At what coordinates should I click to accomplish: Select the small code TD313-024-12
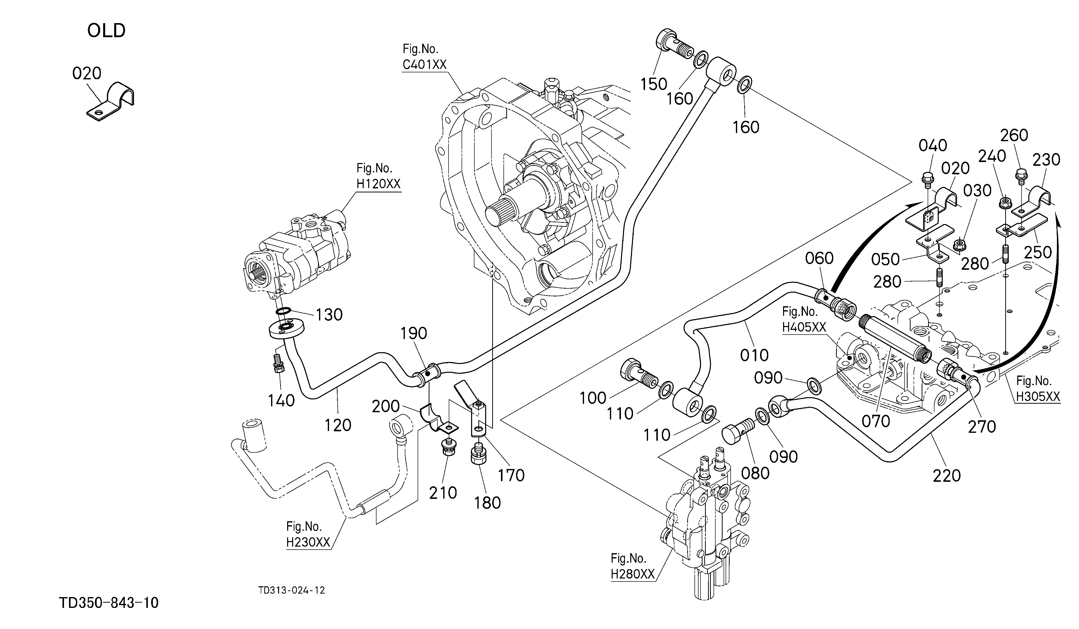pyautogui.click(x=292, y=590)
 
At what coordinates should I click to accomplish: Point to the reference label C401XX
pyautogui.click(x=424, y=64)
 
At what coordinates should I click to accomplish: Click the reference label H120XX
pyautogui.click(x=378, y=184)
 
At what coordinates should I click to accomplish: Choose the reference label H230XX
pyautogui.click(x=308, y=542)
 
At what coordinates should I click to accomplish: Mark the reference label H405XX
pyautogui.click(x=804, y=327)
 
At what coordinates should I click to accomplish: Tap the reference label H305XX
pyautogui.click(x=1038, y=397)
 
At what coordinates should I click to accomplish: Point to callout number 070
pyautogui.click(x=876, y=421)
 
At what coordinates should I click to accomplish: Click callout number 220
pyautogui.click(x=947, y=476)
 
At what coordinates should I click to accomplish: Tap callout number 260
pyautogui.click(x=1014, y=135)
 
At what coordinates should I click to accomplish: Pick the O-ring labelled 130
pyautogui.click(x=284, y=311)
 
